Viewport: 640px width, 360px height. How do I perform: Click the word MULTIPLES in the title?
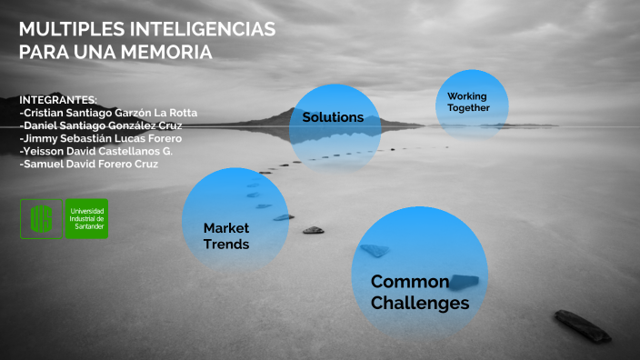point(69,30)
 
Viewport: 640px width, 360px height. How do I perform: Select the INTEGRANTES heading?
point(57,99)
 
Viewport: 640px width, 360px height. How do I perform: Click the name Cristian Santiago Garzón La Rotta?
point(108,113)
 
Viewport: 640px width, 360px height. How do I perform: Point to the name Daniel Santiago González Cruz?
point(100,125)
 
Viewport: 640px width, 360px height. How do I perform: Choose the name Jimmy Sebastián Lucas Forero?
point(99,138)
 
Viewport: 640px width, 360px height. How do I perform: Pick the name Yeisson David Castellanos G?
point(95,151)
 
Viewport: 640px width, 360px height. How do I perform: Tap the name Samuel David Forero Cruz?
point(88,165)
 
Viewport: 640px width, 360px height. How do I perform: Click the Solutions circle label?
point(333,117)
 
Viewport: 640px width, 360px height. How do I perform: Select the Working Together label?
point(468,102)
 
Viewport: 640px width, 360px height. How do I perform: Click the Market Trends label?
point(226,235)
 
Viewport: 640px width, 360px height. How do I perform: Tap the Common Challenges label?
point(420,292)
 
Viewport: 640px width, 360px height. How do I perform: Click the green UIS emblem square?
point(41,218)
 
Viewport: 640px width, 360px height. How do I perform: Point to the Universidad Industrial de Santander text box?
point(86,218)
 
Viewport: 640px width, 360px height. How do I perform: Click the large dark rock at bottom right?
point(583,325)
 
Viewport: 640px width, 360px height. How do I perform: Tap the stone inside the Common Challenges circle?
point(465,280)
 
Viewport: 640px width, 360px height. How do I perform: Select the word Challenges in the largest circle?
point(420,303)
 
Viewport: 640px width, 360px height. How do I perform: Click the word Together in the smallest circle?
point(468,108)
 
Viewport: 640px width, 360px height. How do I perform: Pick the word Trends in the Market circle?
point(226,244)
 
